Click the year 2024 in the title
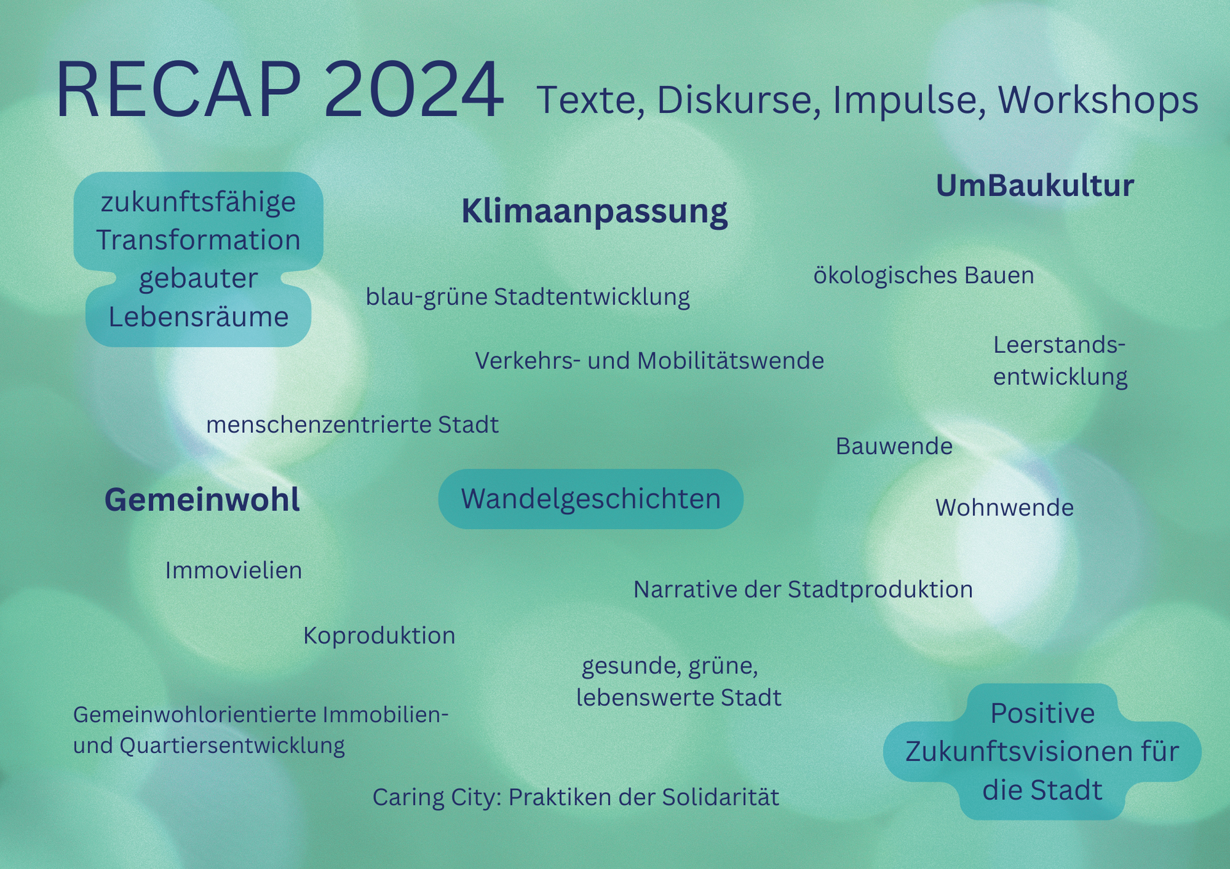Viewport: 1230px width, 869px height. [414, 90]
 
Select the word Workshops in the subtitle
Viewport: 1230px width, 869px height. [1098, 100]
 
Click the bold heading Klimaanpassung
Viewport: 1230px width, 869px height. [594, 211]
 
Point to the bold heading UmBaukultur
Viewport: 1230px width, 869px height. [1035, 186]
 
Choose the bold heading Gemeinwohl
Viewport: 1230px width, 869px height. [202, 499]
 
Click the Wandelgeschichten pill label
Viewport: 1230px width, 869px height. [591, 499]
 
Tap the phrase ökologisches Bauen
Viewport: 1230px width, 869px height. [924, 275]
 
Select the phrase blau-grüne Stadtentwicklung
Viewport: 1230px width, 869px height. [528, 297]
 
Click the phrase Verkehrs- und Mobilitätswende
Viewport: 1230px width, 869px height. [650, 361]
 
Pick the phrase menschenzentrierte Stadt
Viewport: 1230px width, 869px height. [352, 425]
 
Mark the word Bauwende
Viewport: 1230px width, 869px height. [894, 446]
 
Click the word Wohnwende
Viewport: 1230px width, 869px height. [1004, 508]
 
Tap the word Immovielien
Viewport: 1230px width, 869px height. [234, 571]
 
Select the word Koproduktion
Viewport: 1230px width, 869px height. [379, 636]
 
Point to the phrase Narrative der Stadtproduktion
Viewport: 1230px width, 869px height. [803, 590]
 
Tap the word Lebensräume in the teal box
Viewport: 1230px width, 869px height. [199, 317]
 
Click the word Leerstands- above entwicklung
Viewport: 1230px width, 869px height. [1060, 345]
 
